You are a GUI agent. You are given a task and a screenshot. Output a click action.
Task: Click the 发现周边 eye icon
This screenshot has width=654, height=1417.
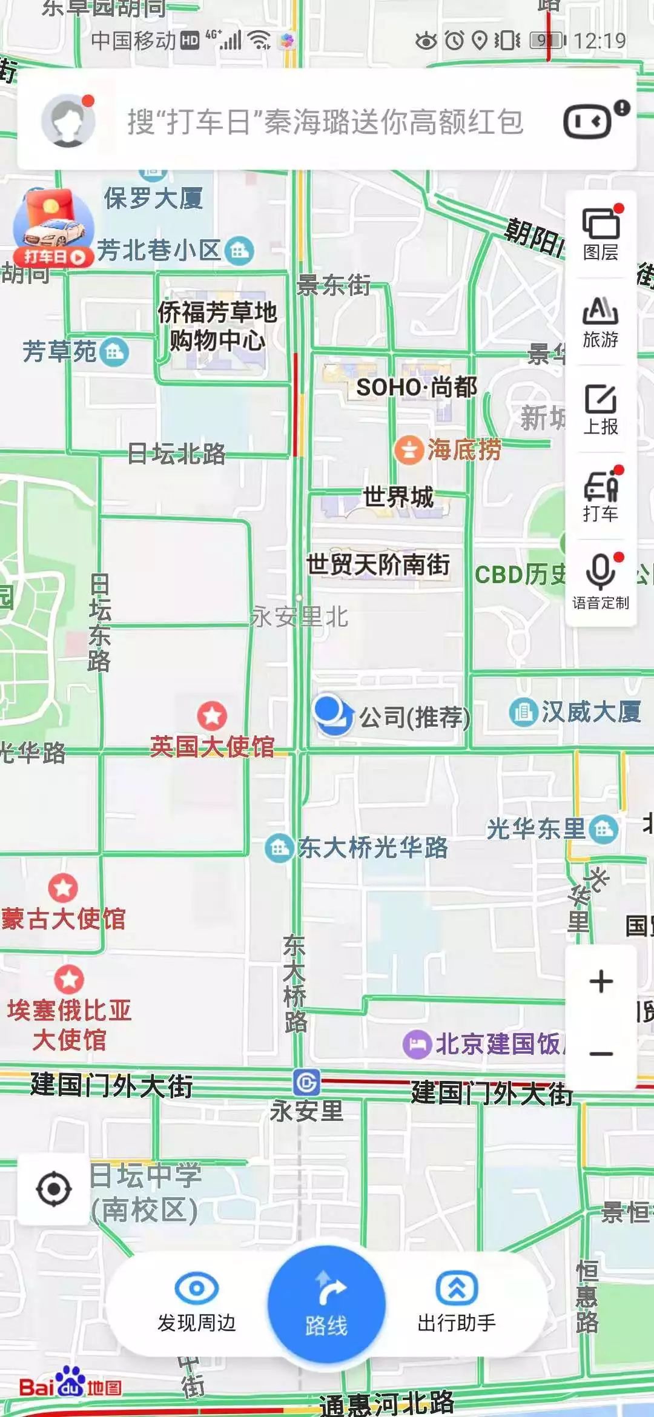click(196, 1288)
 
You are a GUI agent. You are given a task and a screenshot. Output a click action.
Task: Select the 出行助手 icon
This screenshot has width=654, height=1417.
click(457, 1288)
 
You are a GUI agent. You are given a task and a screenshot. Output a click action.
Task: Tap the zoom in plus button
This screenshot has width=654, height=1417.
click(601, 982)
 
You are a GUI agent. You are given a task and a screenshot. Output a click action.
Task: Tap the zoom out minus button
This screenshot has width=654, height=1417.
click(601, 1054)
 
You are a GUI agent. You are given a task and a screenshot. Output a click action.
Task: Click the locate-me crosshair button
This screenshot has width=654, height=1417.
click(54, 1189)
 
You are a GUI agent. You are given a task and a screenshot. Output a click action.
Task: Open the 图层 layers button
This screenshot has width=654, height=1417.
click(601, 225)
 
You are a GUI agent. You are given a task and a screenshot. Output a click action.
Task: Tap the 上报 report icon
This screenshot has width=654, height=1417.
click(601, 400)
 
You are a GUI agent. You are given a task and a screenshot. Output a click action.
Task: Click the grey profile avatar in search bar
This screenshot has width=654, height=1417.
click(68, 121)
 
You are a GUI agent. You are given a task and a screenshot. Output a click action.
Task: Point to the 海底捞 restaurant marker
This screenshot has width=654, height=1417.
click(409, 451)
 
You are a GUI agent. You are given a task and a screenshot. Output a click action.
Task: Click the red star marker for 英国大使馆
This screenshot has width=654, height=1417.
click(212, 716)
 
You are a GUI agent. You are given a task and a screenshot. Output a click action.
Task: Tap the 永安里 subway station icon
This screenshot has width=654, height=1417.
click(306, 1083)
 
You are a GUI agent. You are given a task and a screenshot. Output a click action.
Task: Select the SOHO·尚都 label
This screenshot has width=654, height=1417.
click(417, 388)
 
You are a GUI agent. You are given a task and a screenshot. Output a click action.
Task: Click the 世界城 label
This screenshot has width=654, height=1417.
click(398, 497)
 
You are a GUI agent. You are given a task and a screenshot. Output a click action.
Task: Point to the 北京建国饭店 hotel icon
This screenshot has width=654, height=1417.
click(417, 1044)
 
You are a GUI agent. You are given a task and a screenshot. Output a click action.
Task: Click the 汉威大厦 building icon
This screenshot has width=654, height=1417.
click(523, 712)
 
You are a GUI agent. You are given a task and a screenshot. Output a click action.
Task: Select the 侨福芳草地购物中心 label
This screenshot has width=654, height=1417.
click(217, 326)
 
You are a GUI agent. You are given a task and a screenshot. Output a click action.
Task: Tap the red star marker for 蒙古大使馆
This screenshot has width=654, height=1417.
click(63, 888)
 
